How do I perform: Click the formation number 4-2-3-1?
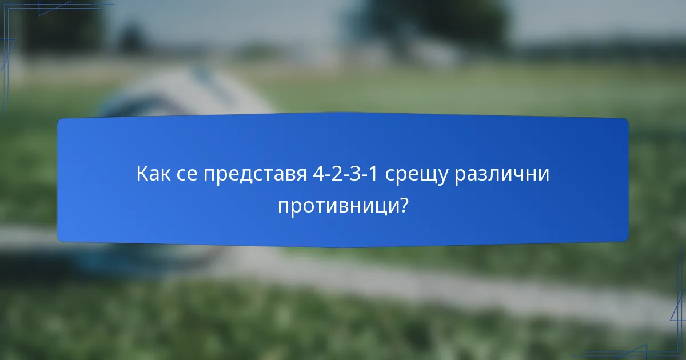click(x=346, y=174)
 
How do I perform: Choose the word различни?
click(x=501, y=174)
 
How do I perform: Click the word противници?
click(x=338, y=206)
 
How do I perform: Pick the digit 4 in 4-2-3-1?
click(x=318, y=174)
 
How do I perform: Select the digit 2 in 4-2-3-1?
click(x=337, y=174)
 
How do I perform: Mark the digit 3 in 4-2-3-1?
click(x=356, y=174)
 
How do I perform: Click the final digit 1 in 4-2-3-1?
click(x=374, y=174)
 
